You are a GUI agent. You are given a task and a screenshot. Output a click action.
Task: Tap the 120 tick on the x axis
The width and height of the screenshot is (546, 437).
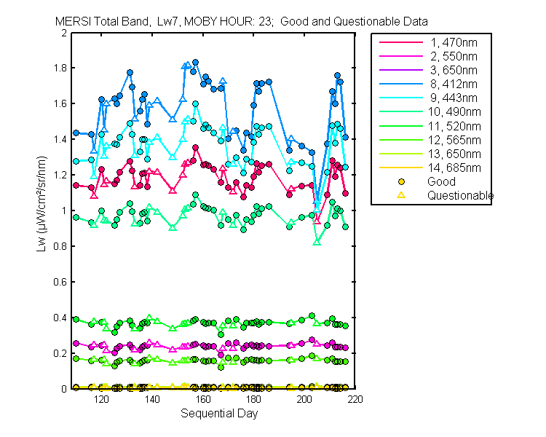(101, 399)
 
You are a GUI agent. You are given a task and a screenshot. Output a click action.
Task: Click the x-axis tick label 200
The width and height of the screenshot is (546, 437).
(305, 399)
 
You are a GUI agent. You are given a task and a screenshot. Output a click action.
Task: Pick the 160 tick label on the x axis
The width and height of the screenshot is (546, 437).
(203, 399)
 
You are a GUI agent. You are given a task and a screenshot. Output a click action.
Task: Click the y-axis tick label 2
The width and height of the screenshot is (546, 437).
(65, 34)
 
